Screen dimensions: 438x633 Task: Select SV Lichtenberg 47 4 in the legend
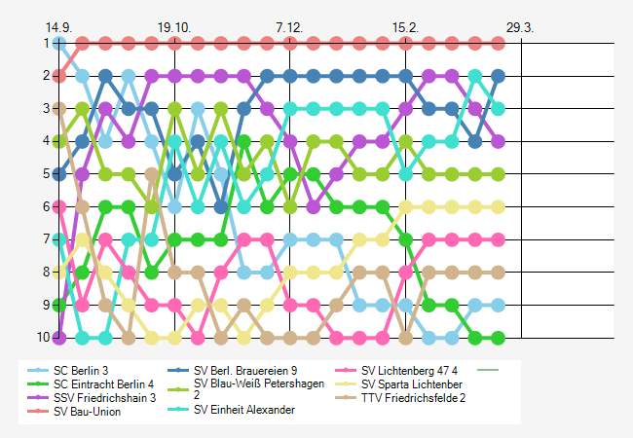coord(409,370)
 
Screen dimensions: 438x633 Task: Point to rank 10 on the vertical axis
coord(44,338)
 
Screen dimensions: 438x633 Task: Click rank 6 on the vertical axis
coord(46,206)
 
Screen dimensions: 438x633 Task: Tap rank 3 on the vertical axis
coord(46,108)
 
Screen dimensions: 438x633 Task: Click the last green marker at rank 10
coord(498,338)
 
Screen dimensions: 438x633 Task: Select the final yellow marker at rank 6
coord(498,206)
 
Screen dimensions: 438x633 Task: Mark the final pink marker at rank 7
coord(498,239)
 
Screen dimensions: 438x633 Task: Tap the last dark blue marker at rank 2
coord(498,75)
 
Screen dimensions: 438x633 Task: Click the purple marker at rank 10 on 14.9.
coord(60,338)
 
